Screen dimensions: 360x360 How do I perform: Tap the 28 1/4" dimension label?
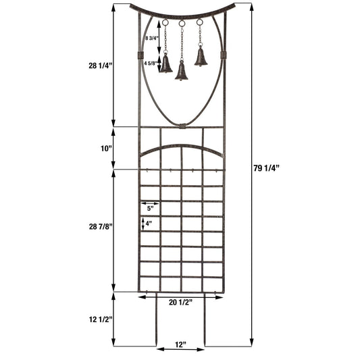tap(99, 66)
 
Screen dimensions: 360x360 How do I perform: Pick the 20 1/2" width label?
tap(181, 302)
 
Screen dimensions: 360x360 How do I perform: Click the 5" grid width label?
tap(149, 208)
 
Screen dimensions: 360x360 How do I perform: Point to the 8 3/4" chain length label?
tap(153, 40)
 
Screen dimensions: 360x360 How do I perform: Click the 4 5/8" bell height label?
tap(151, 63)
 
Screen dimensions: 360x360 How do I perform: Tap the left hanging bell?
tap(165, 64)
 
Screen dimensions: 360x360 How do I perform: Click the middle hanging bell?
tap(182, 71)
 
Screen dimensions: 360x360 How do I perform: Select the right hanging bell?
tap(201, 57)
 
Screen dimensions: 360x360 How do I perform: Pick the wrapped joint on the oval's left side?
tap(140, 54)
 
